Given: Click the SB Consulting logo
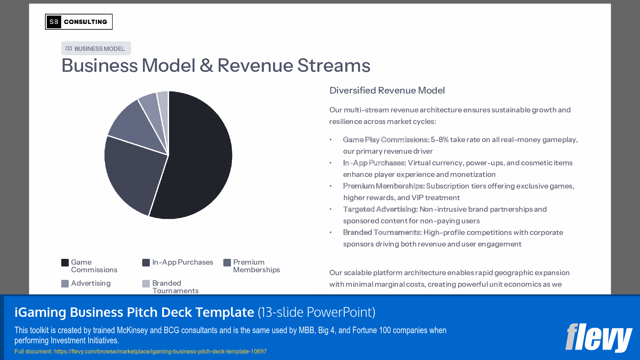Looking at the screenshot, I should (79, 22).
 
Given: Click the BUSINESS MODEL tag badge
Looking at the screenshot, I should (96, 49).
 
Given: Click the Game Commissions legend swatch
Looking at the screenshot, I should (65, 262).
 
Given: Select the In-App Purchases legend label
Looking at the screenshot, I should (182, 262).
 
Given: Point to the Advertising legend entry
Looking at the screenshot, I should (91, 283).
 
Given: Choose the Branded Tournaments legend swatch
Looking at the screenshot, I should (146, 284).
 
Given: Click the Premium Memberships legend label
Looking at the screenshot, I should (256, 266).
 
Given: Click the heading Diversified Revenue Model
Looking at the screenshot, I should (387, 90).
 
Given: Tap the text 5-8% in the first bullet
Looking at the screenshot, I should (439, 140).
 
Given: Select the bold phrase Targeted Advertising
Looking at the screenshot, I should (380, 209).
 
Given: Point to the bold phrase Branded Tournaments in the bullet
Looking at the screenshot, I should (382, 232).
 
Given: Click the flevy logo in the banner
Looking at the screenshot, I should (598, 338).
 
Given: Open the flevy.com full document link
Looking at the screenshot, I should (160, 351).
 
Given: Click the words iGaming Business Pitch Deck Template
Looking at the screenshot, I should (134, 312).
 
